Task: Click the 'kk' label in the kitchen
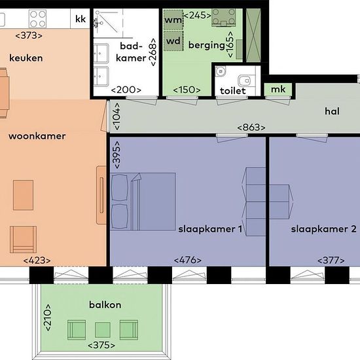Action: pos(81,19)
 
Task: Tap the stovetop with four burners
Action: pos(38,19)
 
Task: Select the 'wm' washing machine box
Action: pos(173,20)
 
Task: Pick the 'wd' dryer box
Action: pos(173,41)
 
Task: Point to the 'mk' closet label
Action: pos(278,89)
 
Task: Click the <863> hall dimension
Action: pos(251,127)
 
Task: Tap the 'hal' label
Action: pos(332,111)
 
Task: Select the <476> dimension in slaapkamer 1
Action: pos(188,260)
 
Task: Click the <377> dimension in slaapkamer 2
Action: pos(331,261)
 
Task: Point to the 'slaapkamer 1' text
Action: pos(210,229)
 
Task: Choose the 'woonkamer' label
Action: pos(37,136)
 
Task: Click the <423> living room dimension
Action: pos(37,261)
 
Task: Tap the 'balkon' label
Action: pos(105,305)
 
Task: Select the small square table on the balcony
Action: pos(103,330)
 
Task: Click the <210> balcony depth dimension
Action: pos(48,317)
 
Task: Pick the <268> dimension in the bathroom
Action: pos(153,52)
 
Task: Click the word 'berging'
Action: pos(206,45)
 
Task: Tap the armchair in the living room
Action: pos(23,240)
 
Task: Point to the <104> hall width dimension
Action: pos(117,117)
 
